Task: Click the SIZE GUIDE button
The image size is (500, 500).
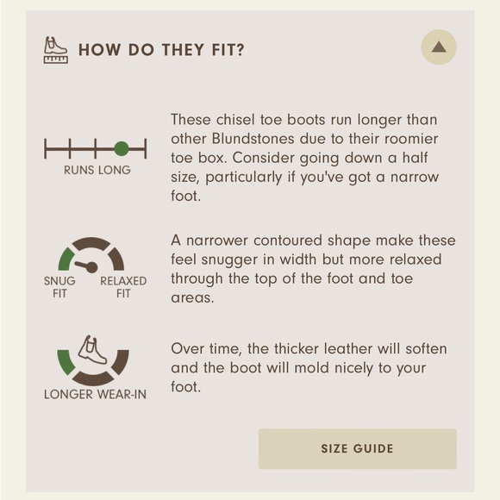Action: (358, 448)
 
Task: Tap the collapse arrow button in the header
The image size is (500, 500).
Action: (439, 47)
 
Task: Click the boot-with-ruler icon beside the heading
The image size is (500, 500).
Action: (56, 50)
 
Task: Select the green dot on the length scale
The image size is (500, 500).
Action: (122, 148)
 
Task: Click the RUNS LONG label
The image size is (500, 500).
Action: (97, 170)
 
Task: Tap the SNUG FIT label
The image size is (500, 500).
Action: (59, 287)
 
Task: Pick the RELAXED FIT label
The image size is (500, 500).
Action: (123, 287)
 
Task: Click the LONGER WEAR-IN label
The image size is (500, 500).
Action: (96, 395)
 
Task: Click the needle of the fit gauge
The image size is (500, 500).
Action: (86, 266)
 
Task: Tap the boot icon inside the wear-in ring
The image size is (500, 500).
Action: (92, 350)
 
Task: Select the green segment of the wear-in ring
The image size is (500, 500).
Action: (66, 363)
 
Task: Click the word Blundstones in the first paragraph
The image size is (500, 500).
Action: (253, 139)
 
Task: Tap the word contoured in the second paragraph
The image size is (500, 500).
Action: (288, 241)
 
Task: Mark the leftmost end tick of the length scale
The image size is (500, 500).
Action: (46, 148)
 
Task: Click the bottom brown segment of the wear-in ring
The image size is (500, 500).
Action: (93, 378)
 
